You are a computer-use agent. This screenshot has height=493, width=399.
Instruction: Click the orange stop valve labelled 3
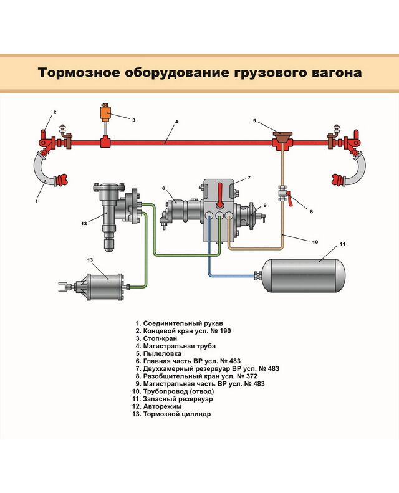point(105,114)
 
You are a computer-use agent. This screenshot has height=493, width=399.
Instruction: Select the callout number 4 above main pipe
point(176,122)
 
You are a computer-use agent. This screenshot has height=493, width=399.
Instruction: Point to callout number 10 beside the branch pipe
point(314,241)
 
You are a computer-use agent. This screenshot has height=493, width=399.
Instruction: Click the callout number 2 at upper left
point(55,113)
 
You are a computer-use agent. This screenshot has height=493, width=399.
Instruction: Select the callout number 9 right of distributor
point(264,205)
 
